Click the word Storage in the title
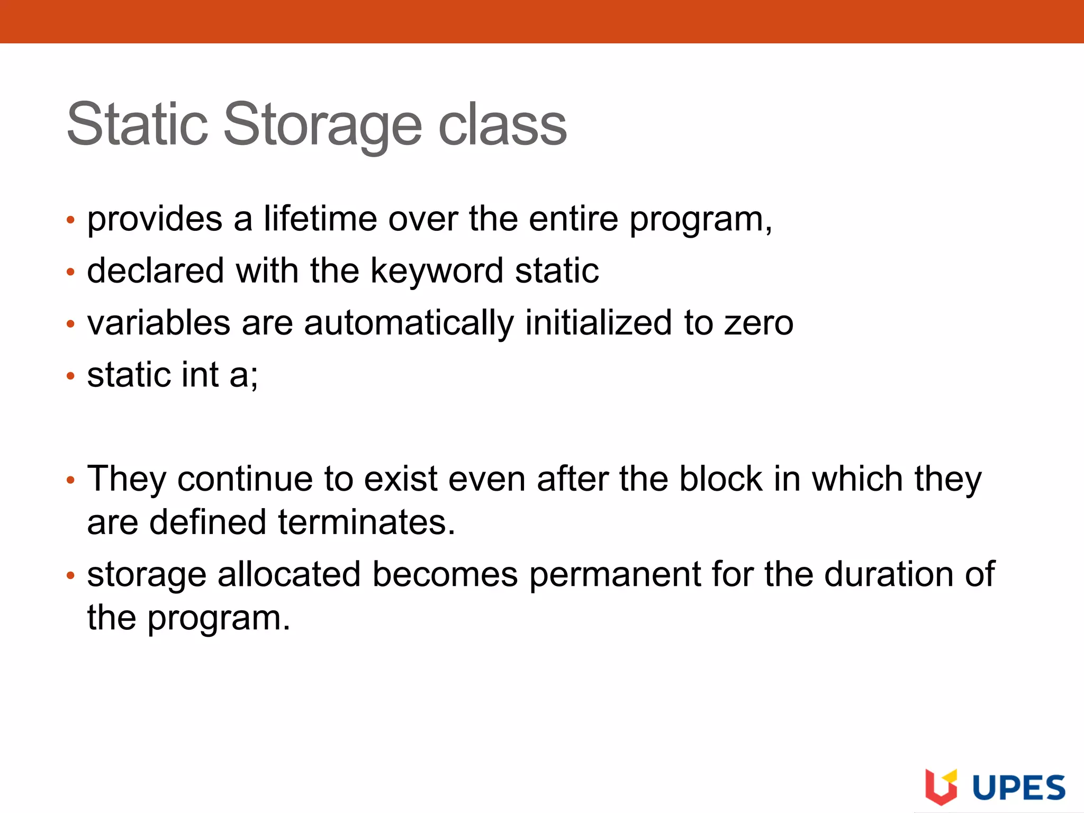point(323,125)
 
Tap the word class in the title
point(502,125)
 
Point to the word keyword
point(437,270)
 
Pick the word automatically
point(409,323)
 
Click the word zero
point(759,323)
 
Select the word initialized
point(599,323)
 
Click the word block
point(720,478)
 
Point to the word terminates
point(366,522)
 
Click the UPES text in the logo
point(1019,788)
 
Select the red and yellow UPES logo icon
point(941,787)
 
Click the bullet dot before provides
point(70,220)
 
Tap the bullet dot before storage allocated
point(70,575)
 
